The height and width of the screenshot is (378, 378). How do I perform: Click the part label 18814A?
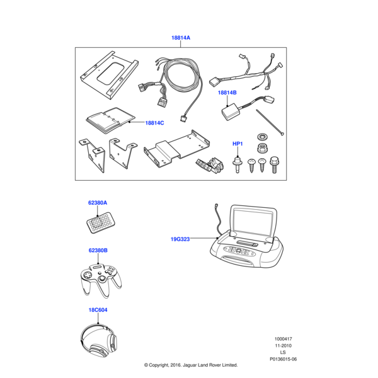pyautogui.click(x=181, y=38)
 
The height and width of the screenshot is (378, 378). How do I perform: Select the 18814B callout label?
pyautogui.click(x=227, y=93)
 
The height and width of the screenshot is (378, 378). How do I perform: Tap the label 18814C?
pyautogui.click(x=154, y=123)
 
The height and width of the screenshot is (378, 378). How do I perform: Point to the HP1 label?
pyautogui.click(x=238, y=144)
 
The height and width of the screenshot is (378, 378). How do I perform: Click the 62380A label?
pyautogui.click(x=98, y=203)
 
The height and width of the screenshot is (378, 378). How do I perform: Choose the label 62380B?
pyautogui.click(x=98, y=251)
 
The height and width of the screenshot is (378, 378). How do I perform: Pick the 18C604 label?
pyautogui.click(x=98, y=310)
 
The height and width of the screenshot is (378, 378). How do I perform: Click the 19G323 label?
pyautogui.click(x=180, y=239)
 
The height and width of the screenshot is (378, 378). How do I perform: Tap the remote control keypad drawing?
pyautogui.click(x=101, y=223)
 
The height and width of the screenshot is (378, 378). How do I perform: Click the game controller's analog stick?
pyautogui.click(x=103, y=279)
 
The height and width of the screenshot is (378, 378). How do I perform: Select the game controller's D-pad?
pyautogui.click(x=86, y=275)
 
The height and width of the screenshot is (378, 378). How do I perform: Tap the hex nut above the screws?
pyautogui.click(x=261, y=147)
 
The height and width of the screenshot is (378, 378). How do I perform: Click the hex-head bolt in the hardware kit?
pyautogui.click(x=274, y=164)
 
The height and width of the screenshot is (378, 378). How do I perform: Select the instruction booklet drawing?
pyautogui.click(x=110, y=120)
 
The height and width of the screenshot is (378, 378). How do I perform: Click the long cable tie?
pyautogui.click(x=270, y=122)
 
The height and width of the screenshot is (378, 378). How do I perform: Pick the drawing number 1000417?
pyautogui.click(x=283, y=339)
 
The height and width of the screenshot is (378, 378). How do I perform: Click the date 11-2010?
pyautogui.click(x=283, y=346)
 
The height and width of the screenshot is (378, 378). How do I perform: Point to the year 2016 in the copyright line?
pyautogui.click(x=176, y=365)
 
